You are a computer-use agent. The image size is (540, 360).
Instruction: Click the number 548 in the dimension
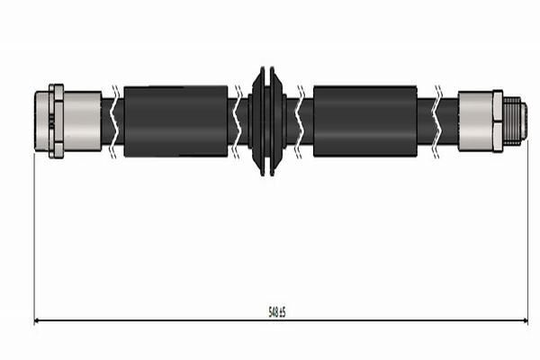pyautogui.click(x=273, y=311)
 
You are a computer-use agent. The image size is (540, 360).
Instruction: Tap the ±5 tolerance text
pyautogui.click(x=282, y=311)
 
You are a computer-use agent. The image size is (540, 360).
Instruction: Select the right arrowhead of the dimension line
pyautogui.click(x=524, y=320)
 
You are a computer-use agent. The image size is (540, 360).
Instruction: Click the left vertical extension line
pyautogui.click(x=34, y=234)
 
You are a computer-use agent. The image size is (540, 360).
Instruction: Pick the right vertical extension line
pyautogui.click(x=528, y=234)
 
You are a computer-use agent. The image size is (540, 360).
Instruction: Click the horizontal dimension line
pyautogui.click(x=180, y=320)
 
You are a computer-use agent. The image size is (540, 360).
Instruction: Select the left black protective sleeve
pyautogui.click(x=175, y=121)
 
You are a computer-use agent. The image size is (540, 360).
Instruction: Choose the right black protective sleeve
pyautogui.click(x=364, y=121)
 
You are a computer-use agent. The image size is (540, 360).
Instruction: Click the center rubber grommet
pyautogui.click(x=267, y=121)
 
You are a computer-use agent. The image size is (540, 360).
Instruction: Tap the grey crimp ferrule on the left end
pyautogui.click(x=82, y=121)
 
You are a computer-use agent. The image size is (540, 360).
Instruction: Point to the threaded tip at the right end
pyautogui.click(x=515, y=121)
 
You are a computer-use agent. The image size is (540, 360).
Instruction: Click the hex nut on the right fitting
pyautogui.click(x=497, y=121)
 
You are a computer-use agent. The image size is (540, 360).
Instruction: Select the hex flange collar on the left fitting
pyautogui.click(x=57, y=121)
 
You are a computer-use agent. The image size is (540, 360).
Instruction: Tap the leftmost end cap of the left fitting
pyautogui.click(x=41, y=121)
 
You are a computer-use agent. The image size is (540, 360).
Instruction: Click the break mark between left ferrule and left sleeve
pyautogui.click(x=112, y=121)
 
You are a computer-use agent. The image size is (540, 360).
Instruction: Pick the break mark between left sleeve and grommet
pyautogui.click(x=238, y=121)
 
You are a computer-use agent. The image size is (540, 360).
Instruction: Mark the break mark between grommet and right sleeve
pyautogui.click(x=300, y=121)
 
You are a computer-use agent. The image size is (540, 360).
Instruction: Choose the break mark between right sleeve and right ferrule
pyautogui.click(x=437, y=121)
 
